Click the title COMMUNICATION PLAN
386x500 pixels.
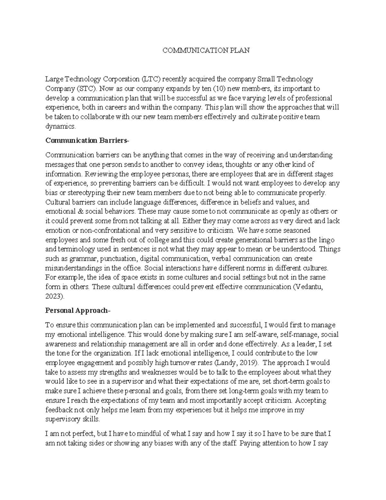coord(206,51)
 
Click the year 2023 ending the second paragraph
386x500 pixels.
coord(54,296)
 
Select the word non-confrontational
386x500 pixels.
coord(108,231)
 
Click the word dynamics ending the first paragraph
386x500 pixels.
coord(60,127)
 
